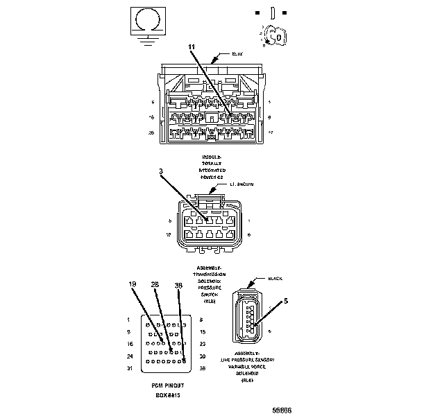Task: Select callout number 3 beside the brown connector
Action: coord(161,171)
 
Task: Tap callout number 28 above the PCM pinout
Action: coord(155,284)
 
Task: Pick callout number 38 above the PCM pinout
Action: coord(178,284)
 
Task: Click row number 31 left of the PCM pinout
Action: coord(130,368)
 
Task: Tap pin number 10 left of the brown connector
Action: coord(169,235)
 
